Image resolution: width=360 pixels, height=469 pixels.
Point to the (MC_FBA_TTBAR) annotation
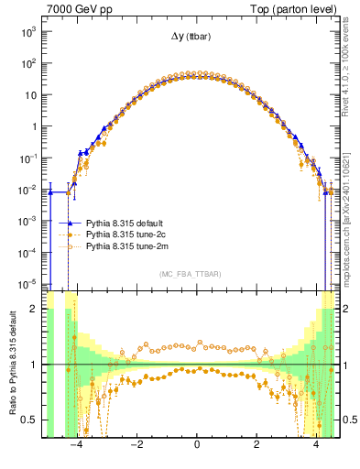(196, 274)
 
